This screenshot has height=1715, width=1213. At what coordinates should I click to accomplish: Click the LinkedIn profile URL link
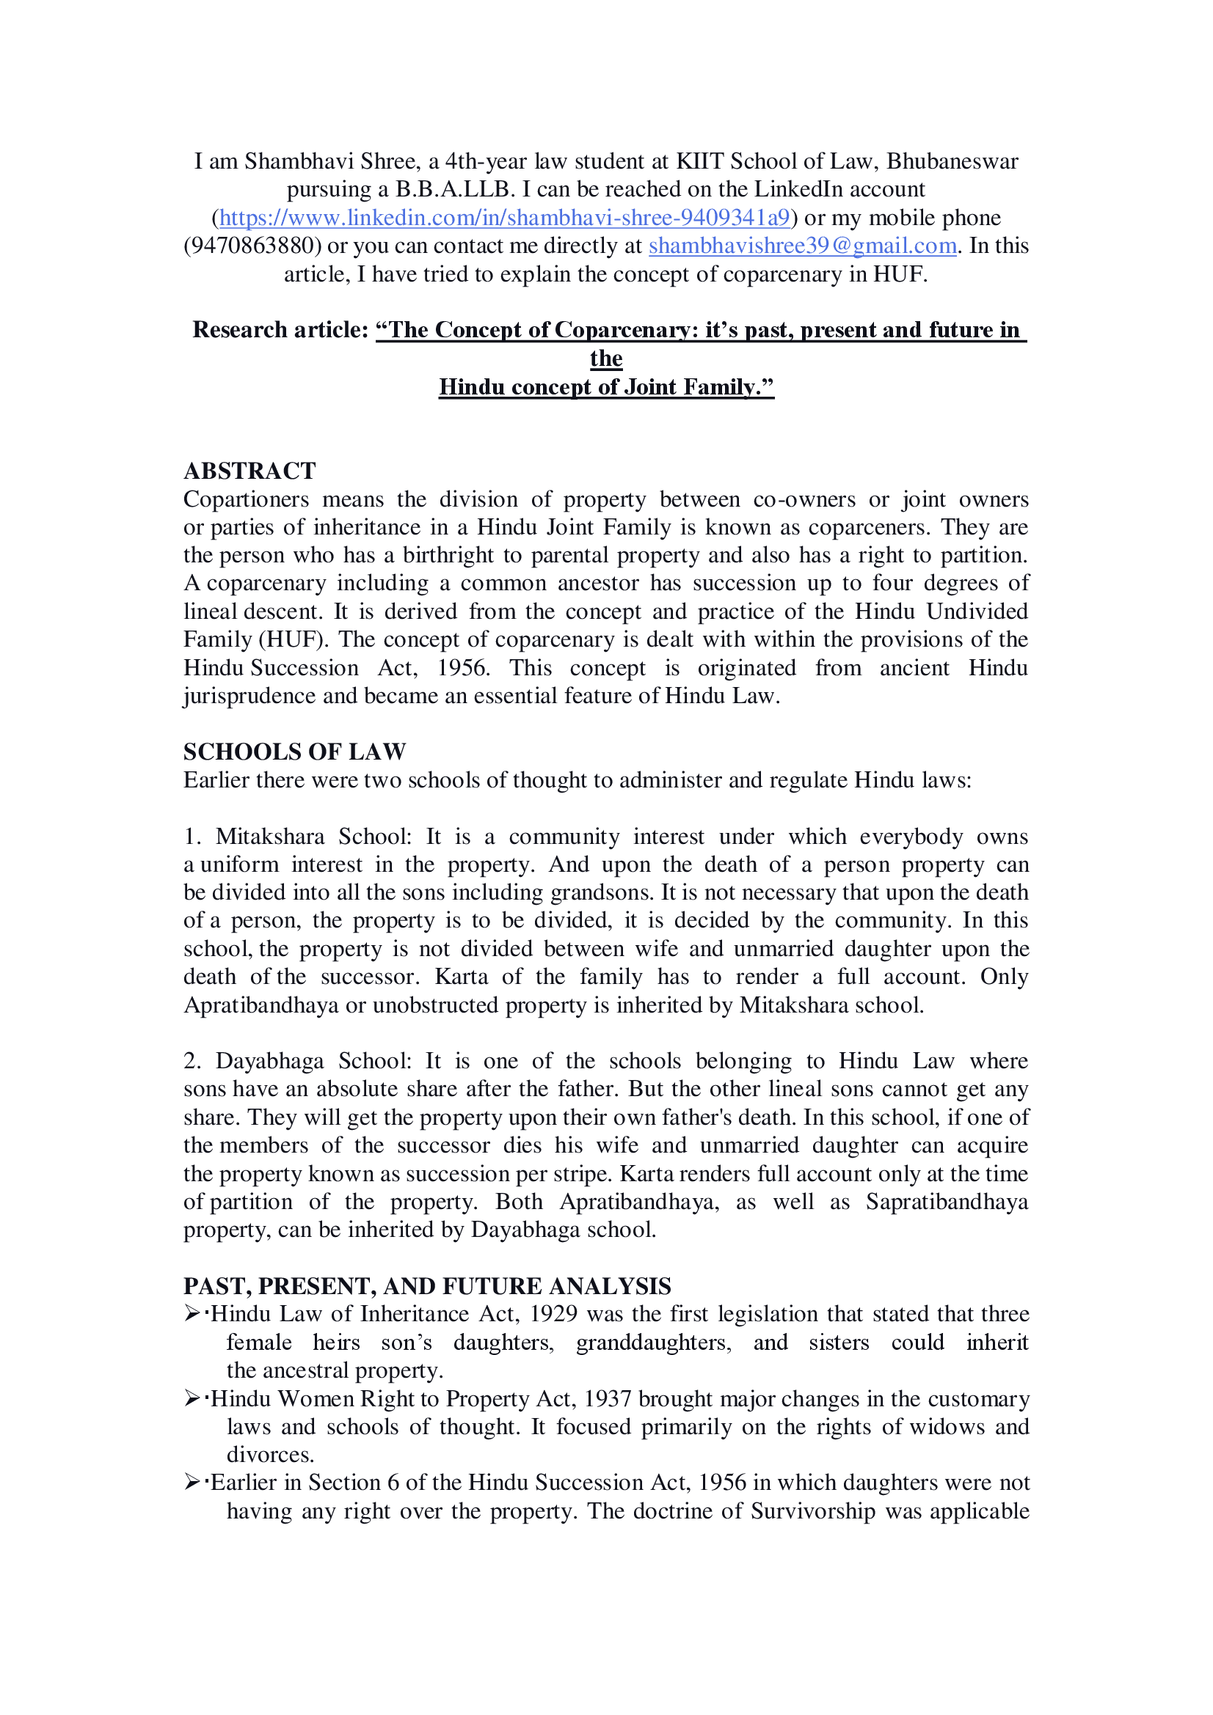tap(504, 217)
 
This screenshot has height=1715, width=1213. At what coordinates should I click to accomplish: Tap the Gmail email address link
tap(802, 246)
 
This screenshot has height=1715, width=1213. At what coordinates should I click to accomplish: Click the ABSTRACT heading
tap(249, 471)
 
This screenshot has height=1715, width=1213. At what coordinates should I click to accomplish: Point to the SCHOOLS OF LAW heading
tap(294, 752)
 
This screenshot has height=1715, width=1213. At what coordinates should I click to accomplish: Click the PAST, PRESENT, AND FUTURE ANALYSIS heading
tap(427, 1285)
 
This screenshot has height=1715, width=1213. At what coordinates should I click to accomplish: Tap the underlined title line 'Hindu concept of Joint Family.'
tap(606, 387)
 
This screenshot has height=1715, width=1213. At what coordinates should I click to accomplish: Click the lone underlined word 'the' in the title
tap(606, 359)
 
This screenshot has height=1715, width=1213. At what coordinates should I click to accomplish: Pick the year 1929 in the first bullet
tap(553, 1314)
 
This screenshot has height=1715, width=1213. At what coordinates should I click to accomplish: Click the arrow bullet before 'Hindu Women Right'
tap(192, 1398)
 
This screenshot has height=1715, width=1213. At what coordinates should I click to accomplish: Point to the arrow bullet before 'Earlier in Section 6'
tap(192, 1483)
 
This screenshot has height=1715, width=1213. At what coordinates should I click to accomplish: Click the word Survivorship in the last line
tap(812, 1511)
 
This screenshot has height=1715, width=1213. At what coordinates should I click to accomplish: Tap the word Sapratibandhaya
tap(947, 1202)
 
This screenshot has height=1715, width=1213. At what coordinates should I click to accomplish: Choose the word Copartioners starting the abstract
tap(246, 499)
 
